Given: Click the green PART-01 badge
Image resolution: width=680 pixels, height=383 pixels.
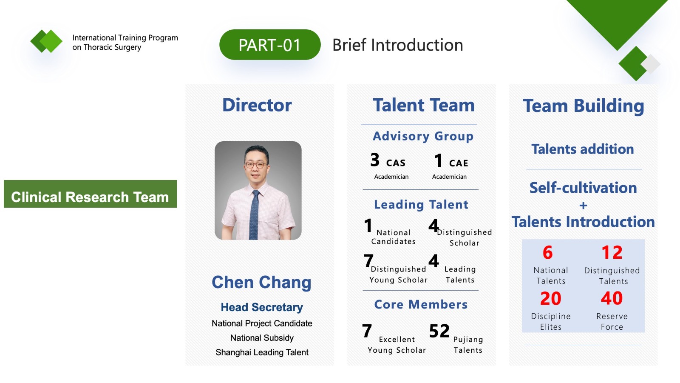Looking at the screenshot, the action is click(x=270, y=45).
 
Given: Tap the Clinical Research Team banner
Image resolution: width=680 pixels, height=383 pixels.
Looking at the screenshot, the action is click(x=90, y=194).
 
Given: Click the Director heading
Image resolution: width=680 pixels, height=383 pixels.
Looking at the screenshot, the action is click(x=257, y=105).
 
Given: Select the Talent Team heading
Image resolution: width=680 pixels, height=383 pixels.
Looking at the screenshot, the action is click(x=424, y=105).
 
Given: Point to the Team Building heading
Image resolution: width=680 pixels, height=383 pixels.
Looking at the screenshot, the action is click(x=584, y=106).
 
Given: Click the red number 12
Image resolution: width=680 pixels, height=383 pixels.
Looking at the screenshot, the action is click(x=612, y=253).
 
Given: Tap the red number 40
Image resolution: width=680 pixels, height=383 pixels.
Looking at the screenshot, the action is click(x=612, y=298).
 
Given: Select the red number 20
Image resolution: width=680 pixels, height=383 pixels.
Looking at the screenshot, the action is click(x=551, y=298).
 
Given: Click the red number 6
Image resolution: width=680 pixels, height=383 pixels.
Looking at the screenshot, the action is click(x=548, y=253).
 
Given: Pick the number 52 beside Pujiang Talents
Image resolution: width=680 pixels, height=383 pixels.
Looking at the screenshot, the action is click(x=439, y=331).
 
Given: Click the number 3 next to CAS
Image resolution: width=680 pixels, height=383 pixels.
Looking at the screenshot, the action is click(x=375, y=160).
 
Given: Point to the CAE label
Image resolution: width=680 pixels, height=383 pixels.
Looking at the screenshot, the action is click(x=459, y=163).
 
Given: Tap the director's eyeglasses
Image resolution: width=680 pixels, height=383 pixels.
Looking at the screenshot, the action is click(x=255, y=165).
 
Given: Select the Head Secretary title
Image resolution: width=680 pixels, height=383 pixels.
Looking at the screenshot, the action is click(x=262, y=307).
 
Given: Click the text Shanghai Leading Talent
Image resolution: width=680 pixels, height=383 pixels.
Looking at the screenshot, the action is click(x=262, y=352).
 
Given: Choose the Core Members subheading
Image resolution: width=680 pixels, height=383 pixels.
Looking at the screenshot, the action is click(x=421, y=304).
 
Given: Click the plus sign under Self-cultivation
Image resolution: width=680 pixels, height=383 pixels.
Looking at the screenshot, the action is click(x=583, y=206).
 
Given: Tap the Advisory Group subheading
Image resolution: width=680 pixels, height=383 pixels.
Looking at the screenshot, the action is click(x=423, y=136).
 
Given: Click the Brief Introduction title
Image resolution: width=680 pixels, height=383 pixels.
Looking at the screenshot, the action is click(x=398, y=45).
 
